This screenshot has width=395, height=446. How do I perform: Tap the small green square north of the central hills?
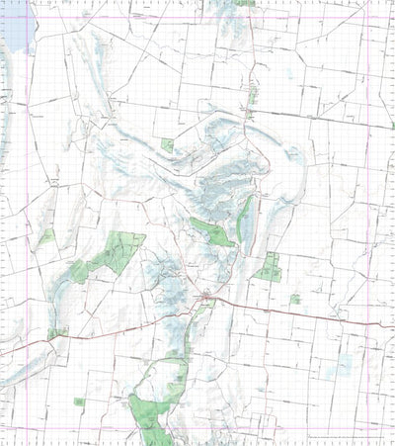pyautogui.click(x=167, y=144)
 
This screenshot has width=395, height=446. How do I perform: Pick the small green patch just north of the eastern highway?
pyautogui.click(x=294, y=299)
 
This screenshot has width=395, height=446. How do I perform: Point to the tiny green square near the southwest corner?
pyautogui.click(x=79, y=401)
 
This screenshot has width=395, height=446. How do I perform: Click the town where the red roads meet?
pyautogui.click(x=204, y=297)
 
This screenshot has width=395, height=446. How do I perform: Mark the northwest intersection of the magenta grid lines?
pyautogui.click(x=28, y=20)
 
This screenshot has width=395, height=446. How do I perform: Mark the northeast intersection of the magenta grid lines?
pyautogui.click(x=369, y=20)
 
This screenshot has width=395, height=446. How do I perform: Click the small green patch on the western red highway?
pyautogui.click(x=56, y=334)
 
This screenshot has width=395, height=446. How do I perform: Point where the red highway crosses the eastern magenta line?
pyautogui.click(x=369, y=325)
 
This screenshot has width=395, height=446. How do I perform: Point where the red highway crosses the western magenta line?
pyautogui.click(x=28, y=347)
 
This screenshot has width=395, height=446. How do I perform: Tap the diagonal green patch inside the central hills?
pyautogui.click(x=211, y=232)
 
